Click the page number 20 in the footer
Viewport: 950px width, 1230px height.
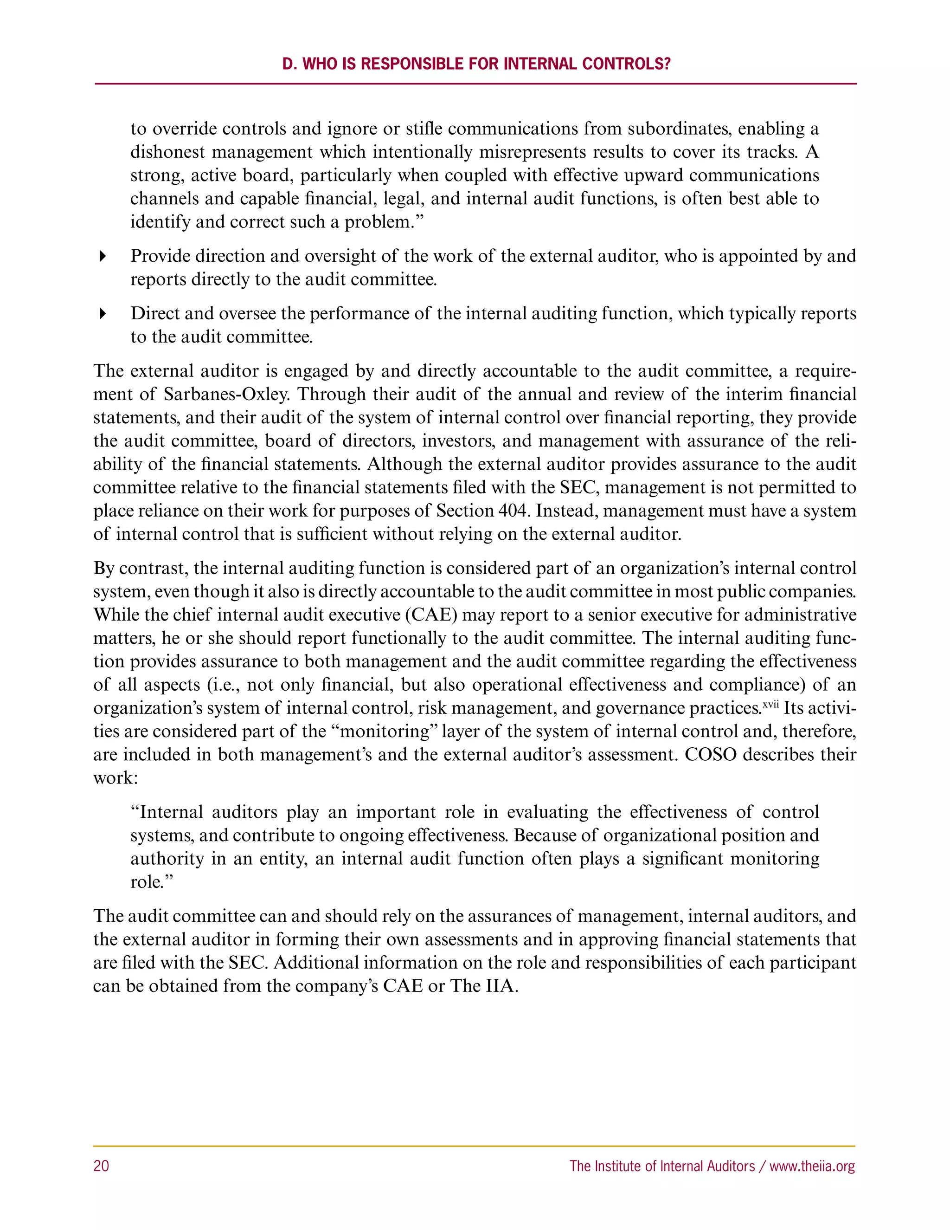point(101,1166)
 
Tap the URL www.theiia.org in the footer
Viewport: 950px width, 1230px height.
point(812,1166)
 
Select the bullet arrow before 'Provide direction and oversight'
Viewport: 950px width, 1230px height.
point(103,257)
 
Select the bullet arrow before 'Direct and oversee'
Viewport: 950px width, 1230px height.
point(103,314)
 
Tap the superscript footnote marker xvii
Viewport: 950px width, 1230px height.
point(771,705)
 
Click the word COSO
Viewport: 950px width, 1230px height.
point(710,755)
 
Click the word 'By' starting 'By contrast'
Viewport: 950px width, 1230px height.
point(104,568)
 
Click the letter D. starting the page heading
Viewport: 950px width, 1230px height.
point(289,64)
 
